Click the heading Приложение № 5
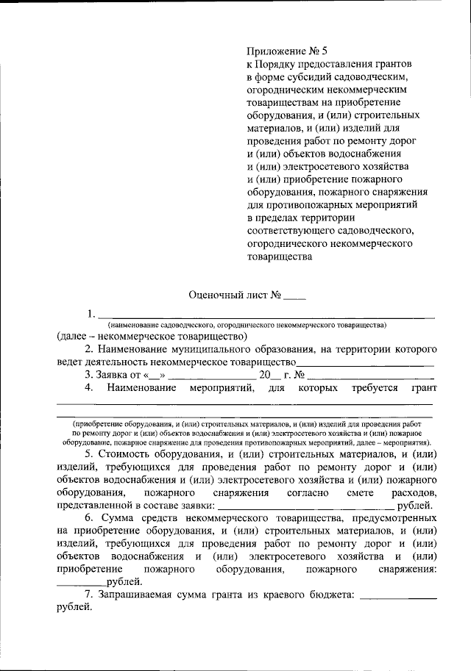pyautogui.click(x=280, y=51)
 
